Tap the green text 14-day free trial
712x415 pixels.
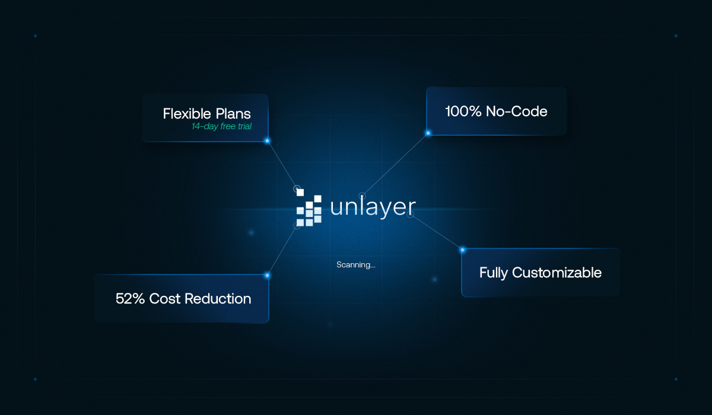(x=221, y=126)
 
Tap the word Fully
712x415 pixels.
(x=494, y=273)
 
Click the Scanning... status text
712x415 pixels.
(x=355, y=265)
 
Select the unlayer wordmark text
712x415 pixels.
(x=373, y=207)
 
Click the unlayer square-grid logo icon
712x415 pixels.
(x=309, y=208)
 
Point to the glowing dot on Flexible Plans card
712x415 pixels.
(x=267, y=141)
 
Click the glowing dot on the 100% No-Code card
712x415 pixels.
(x=428, y=133)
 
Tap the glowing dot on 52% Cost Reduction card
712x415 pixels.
(x=267, y=275)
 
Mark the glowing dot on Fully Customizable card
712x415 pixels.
(x=462, y=250)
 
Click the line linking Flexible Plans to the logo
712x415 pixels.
(x=282, y=164)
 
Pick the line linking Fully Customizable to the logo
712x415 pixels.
(x=436, y=232)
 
